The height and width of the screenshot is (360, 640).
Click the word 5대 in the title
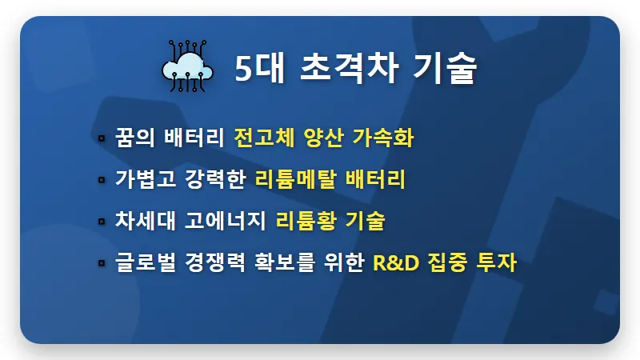[254, 70]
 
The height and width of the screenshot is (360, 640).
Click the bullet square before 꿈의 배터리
[102, 138]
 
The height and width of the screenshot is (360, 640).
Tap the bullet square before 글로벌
[102, 263]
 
